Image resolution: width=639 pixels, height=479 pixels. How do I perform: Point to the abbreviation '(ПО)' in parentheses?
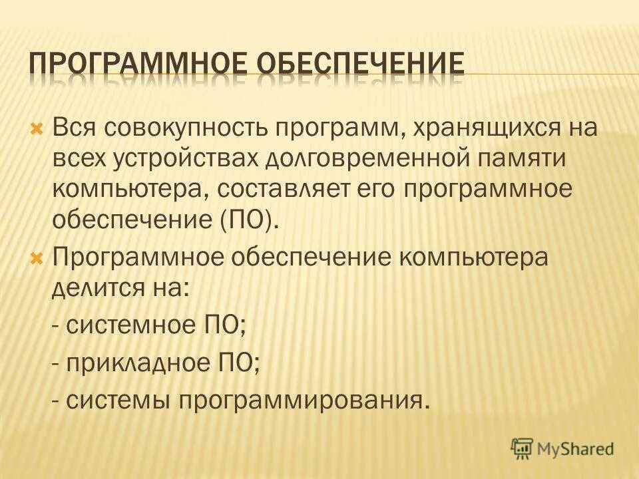pos(248,220)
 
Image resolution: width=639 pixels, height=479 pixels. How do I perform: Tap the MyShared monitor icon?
pos(522,449)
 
